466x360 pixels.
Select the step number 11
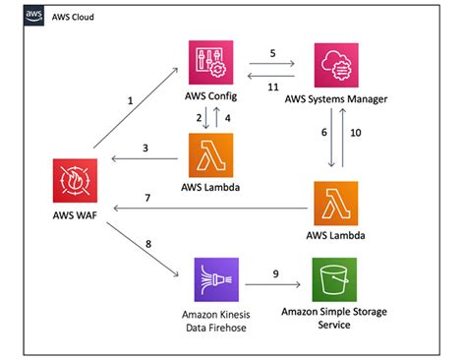click(x=274, y=87)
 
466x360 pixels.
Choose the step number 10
click(x=358, y=132)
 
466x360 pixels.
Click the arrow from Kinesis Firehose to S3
click(x=274, y=285)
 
